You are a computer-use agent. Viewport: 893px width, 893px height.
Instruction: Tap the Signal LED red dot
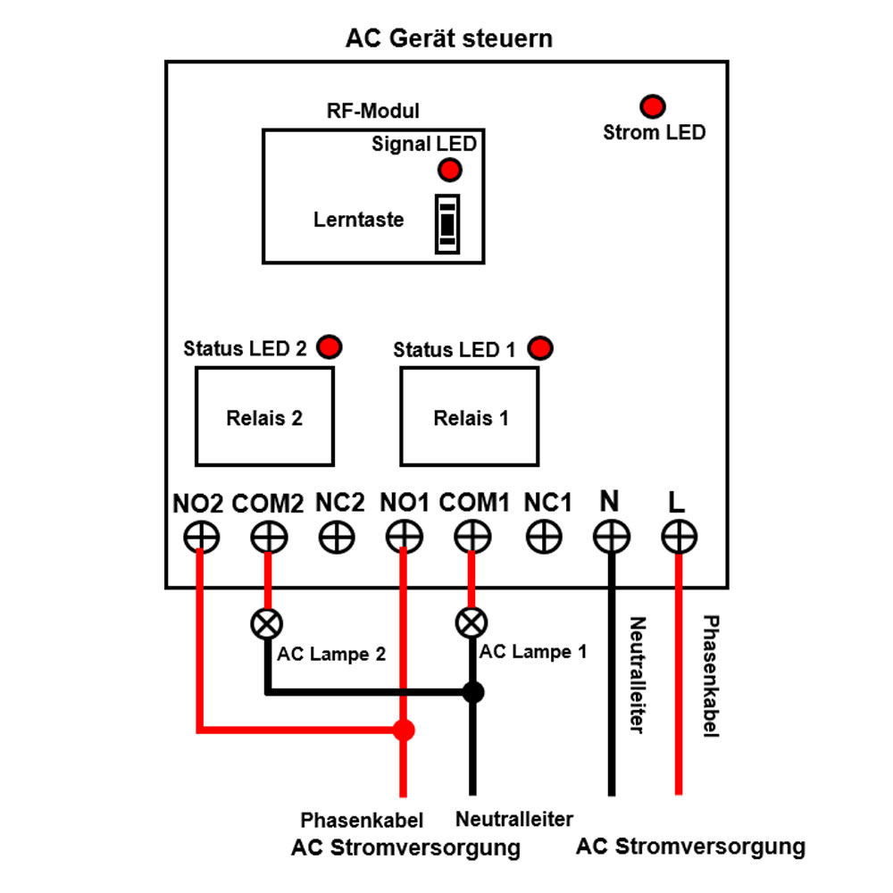click(449, 170)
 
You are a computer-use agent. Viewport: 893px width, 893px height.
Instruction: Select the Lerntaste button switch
click(447, 223)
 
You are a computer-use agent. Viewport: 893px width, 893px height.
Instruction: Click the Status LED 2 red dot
click(330, 346)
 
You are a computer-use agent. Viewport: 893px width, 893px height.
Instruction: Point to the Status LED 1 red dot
click(540, 347)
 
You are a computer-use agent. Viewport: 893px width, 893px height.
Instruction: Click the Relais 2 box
click(264, 416)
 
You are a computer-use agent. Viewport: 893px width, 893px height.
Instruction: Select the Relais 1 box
click(470, 416)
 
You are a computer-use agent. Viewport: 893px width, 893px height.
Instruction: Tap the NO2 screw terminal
click(202, 538)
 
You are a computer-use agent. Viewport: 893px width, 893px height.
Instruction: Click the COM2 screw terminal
click(266, 538)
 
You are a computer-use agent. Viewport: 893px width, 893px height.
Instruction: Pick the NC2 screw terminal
click(337, 538)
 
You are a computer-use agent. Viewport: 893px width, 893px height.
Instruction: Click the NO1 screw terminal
click(404, 538)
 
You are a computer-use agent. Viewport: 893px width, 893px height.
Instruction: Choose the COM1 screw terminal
click(472, 538)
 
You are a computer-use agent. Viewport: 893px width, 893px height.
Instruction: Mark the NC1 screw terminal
click(544, 538)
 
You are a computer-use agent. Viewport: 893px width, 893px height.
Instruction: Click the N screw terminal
click(612, 538)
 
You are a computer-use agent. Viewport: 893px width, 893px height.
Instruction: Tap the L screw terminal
click(679, 538)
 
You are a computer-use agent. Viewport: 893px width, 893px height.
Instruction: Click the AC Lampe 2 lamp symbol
click(266, 623)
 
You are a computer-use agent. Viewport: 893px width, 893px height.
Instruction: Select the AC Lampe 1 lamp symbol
click(472, 622)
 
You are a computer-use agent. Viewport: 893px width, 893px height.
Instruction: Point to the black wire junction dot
click(472, 691)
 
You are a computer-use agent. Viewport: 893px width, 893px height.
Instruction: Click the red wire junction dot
click(404, 730)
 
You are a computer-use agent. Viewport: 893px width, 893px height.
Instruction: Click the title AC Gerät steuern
click(448, 39)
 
